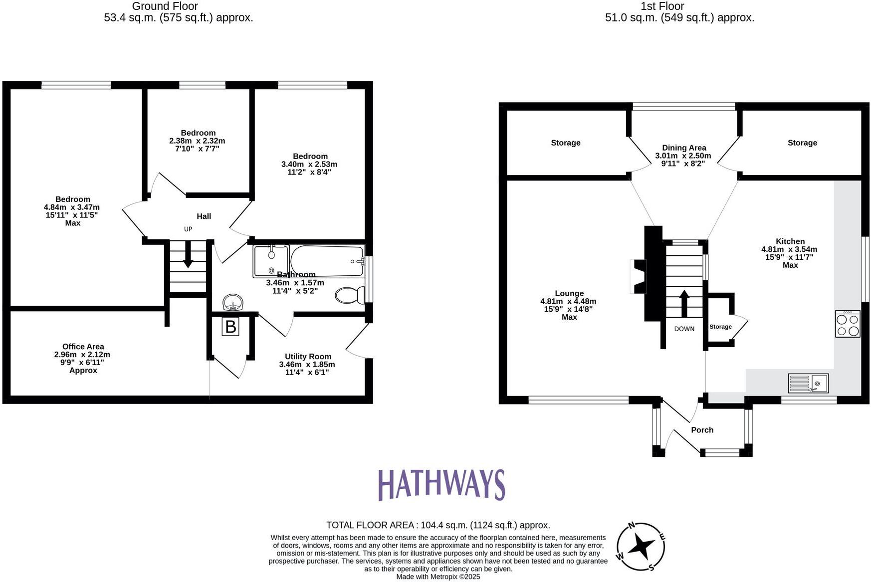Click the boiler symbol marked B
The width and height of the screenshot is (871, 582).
230,327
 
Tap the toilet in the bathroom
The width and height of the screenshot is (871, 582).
351,295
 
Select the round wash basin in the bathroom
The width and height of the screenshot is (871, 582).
233,302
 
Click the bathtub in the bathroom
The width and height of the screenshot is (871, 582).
327,260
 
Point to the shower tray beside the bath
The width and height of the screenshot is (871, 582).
271,261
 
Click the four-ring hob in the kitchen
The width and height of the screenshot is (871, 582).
848,324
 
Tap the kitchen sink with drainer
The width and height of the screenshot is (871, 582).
808,383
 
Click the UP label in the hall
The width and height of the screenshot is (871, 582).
188,229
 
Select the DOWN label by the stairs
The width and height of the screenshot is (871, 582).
684,329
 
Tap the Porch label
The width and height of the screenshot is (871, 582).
702,430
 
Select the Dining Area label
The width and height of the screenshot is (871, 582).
683,148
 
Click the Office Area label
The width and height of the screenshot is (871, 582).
83,347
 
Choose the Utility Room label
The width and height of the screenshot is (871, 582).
308,357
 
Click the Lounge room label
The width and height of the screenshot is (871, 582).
569,293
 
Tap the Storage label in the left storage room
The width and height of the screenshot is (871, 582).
565,143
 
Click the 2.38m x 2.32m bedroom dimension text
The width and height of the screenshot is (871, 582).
197,141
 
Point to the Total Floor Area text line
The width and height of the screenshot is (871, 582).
438,525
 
